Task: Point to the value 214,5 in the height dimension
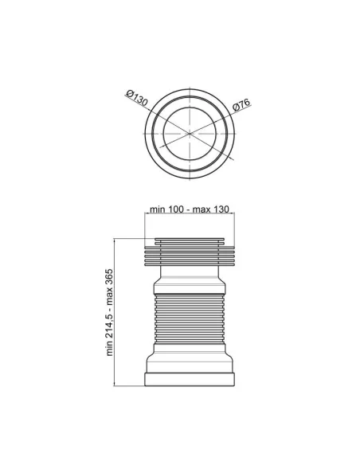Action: point(110,330)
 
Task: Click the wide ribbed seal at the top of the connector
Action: point(190,254)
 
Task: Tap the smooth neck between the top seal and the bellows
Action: point(190,280)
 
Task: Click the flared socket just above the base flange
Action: point(190,364)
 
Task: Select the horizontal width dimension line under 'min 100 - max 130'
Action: point(190,215)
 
